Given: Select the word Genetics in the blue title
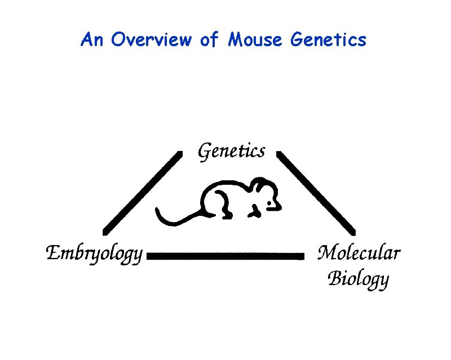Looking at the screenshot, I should (328, 40).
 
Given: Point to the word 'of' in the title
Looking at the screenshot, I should (209, 40).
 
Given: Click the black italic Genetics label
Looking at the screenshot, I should (231, 152).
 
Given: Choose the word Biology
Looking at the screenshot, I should (359, 278).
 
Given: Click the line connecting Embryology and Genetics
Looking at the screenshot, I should (142, 192).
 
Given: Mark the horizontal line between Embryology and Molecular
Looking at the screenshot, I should (225, 256).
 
